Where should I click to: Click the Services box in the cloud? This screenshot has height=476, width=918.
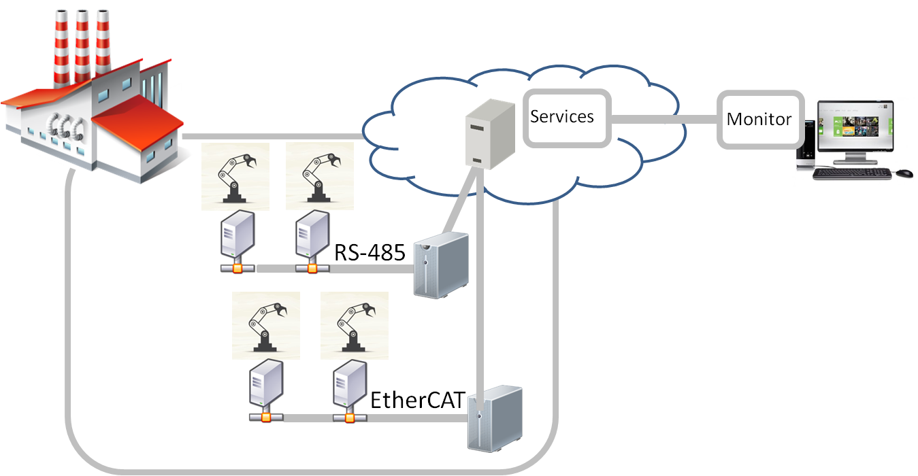click(566, 118)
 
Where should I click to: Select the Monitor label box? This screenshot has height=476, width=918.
click(759, 120)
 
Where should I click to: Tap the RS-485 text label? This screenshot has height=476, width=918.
click(370, 253)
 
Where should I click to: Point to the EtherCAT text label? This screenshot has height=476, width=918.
click(416, 400)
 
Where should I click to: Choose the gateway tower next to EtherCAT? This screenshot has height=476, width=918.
click(494, 415)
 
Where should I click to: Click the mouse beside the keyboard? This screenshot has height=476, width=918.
click(904, 173)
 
